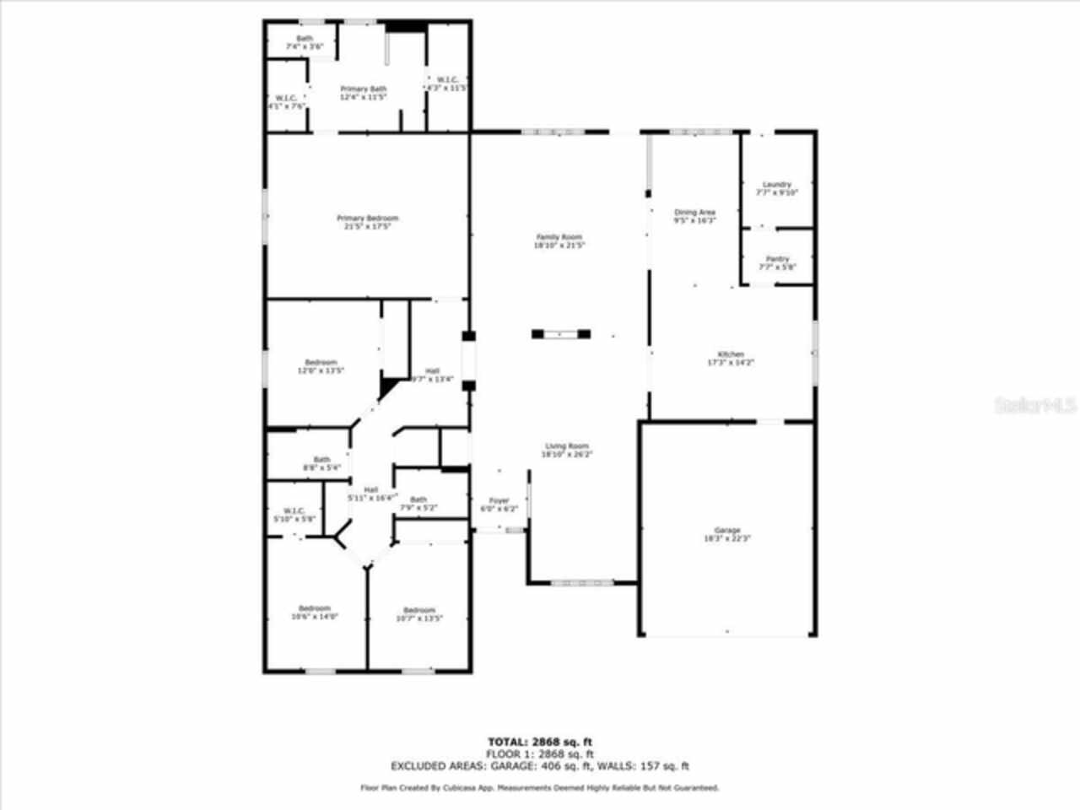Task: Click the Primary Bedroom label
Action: pyautogui.click(x=367, y=222)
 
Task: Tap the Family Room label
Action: pyautogui.click(x=559, y=241)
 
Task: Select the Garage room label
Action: pyautogui.click(x=726, y=534)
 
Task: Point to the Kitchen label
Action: pyautogui.click(x=730, y=358)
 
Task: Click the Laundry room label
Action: pyautogui.click(x=776, y=188)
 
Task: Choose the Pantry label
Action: pyautogui.click(x=777, y=262)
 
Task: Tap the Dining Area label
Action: pyautogui.click(x=694, y=216)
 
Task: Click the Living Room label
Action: pyautogui.click(x=566, y=450)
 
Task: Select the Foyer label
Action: pyautogui.click(x=499, y=505)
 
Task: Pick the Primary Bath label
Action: pyautogui.click(x=364, y=93)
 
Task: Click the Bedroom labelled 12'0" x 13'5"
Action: pyautogui.click(x=321, y=366)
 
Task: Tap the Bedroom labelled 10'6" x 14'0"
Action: pyautogui.click(x=314, y=612)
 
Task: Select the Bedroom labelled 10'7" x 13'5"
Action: pyautogui.click(x=418, y=613)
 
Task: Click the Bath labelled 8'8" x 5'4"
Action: pyautogui.click(x=321, y=463)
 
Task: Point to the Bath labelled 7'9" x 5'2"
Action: pyautogui.click(x=418, y=503)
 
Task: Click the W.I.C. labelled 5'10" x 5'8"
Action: pyautogui.click(x=294, y=515)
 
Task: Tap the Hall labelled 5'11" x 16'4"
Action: pyautogui.click(x=371, y=494)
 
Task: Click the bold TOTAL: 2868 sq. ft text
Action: pyautogui.click(x=540, y=742)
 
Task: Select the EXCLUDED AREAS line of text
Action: pyautogui.click(x=540, y=766)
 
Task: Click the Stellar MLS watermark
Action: pyautogui.click(x=1034, y=406)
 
